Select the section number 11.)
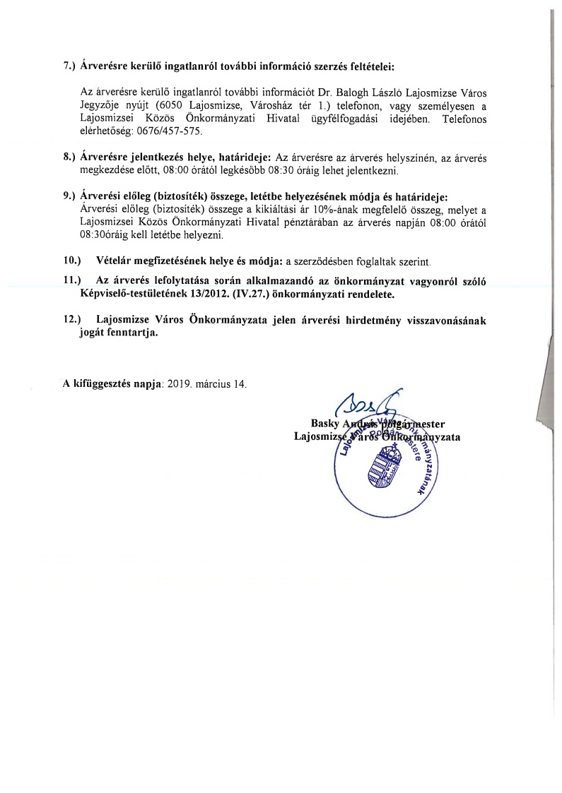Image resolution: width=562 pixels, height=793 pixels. (73, 281)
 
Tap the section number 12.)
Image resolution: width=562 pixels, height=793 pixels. (73, 319)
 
